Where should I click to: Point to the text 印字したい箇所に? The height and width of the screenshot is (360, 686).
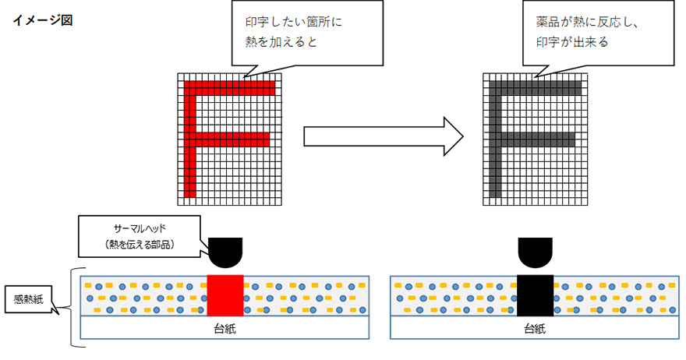click(x=294, y=22)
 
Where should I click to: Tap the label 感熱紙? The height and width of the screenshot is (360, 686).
click(x=28, y=299)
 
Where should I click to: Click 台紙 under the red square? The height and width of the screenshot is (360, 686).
click(x=225, y=328)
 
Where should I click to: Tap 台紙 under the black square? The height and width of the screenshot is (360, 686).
click(x=534, y=328)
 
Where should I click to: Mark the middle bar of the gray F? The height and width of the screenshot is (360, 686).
click(x=533, y=139)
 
